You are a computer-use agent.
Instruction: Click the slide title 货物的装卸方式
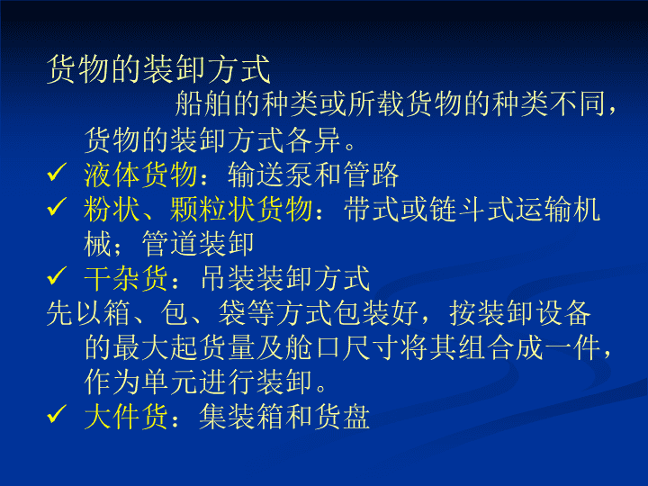coord(158,69)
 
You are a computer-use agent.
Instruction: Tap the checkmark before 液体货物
coord(57,172)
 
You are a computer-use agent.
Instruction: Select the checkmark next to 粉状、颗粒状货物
coord(57,207)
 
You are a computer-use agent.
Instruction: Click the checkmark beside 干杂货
coord(57,275)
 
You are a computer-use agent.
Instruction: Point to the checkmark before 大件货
coord(57,414)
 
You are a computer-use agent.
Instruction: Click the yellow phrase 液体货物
coord(140,175)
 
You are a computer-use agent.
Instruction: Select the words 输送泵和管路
coord(313,175)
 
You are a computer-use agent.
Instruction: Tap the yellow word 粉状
coord(112,209)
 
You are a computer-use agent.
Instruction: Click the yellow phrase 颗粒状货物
coord(241,209)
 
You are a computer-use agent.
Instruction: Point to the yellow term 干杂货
coord(126,278)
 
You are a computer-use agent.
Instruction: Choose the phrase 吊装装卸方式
coord(284,278)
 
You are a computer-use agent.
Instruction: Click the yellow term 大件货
coord(126,416)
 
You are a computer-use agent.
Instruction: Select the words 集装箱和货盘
coord(284,416)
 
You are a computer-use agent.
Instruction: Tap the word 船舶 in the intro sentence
coord(202,103)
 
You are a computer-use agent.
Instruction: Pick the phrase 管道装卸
coord(198,244)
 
